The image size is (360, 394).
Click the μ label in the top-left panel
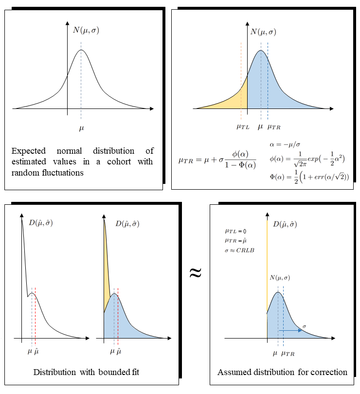click(81, 128)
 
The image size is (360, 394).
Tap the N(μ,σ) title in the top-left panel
click(87, 30)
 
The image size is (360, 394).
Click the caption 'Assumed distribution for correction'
click(282, 372)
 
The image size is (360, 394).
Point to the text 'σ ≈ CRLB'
click(238, 250)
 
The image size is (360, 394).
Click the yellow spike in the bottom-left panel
click(106, 263)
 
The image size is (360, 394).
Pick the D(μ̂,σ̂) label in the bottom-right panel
click(285, 224)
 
